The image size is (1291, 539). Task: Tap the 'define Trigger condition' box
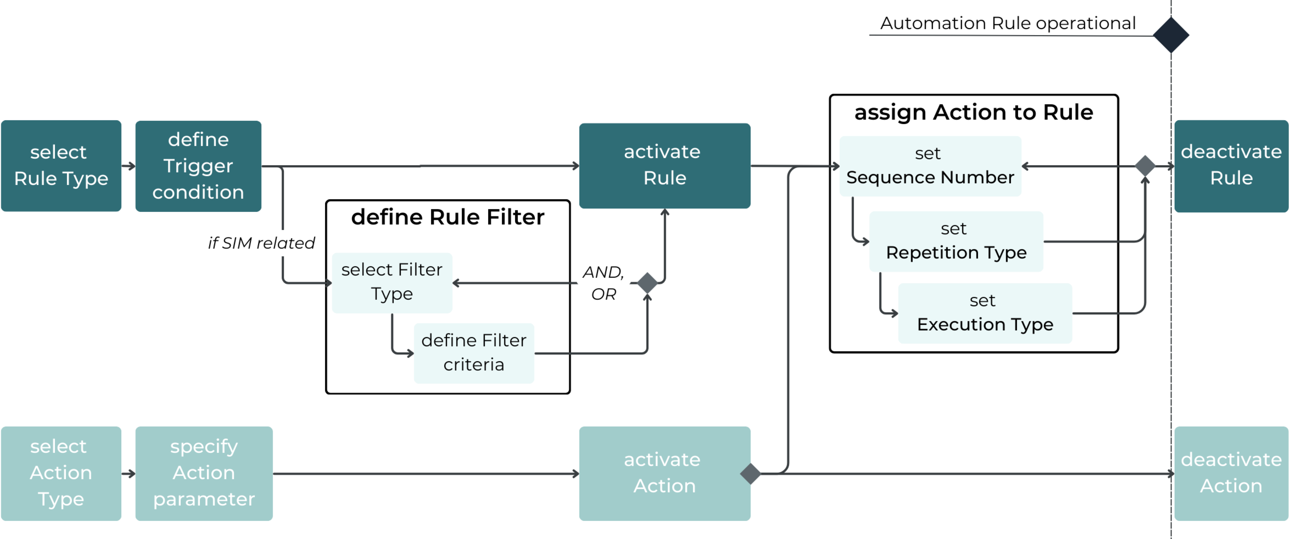(198, 166)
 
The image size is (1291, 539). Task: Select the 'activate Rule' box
(665, 166)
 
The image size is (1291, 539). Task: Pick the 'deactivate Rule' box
(1231, 166)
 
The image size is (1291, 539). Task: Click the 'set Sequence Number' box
(930, 166)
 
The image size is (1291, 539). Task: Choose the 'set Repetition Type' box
(956, 242)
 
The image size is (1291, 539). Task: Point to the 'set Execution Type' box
(985, 313)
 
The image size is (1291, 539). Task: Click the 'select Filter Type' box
(392, 282)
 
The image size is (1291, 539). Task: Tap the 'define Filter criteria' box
(474, 353)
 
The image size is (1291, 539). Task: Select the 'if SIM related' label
(261, 243)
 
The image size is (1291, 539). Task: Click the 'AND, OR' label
(603, 283)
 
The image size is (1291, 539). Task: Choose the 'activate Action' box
(665, 473)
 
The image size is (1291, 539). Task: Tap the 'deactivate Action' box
(1231, 473)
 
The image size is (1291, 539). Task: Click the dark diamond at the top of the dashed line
(1171, 35)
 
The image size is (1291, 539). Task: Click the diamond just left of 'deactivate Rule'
(1145, 166)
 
